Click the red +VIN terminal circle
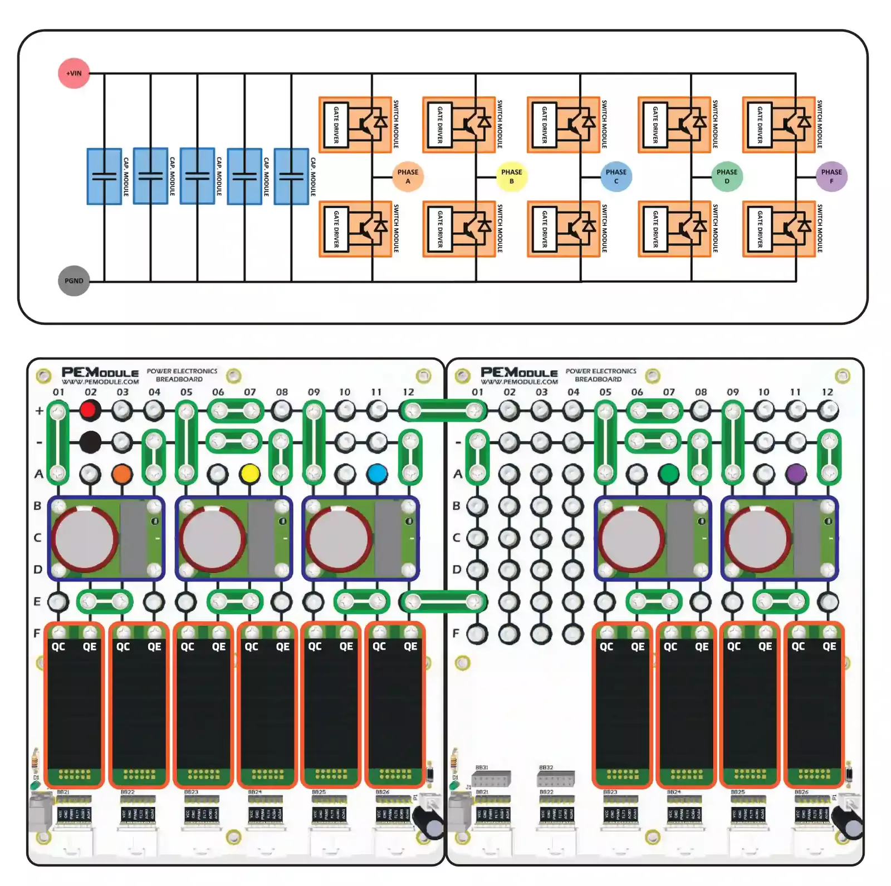point(74,73)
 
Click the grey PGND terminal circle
point(74,280)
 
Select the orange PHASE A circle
point(408,176)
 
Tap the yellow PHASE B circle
point(511,176)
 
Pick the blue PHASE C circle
point(616,176)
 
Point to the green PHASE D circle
point(727,176)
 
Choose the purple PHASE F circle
point(831,176)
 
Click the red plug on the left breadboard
point(90,411)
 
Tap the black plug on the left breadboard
point(90,442)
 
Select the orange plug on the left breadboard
point(122,474)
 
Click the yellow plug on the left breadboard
point(250,474)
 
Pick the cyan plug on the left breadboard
point(378,474)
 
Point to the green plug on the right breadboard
point(669,474)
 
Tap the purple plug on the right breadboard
point(796,474)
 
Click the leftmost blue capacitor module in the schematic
point(104,176)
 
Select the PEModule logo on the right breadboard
point(519,373)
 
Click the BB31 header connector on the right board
point(492,777)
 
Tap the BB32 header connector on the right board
point(556,777)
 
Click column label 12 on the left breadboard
point(409,392)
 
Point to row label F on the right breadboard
point(456,633)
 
